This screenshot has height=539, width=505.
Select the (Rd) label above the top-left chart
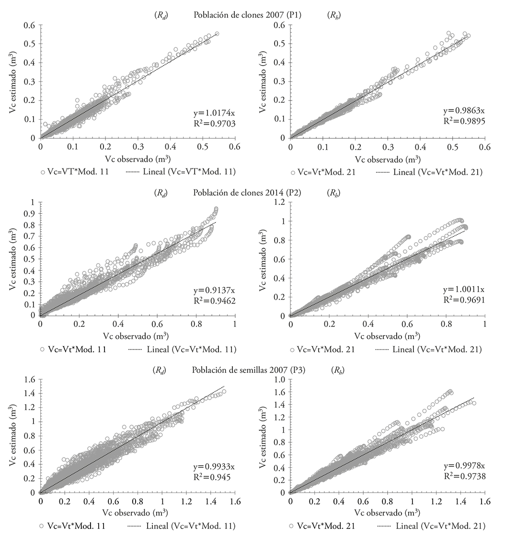click(x=160, y=15)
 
